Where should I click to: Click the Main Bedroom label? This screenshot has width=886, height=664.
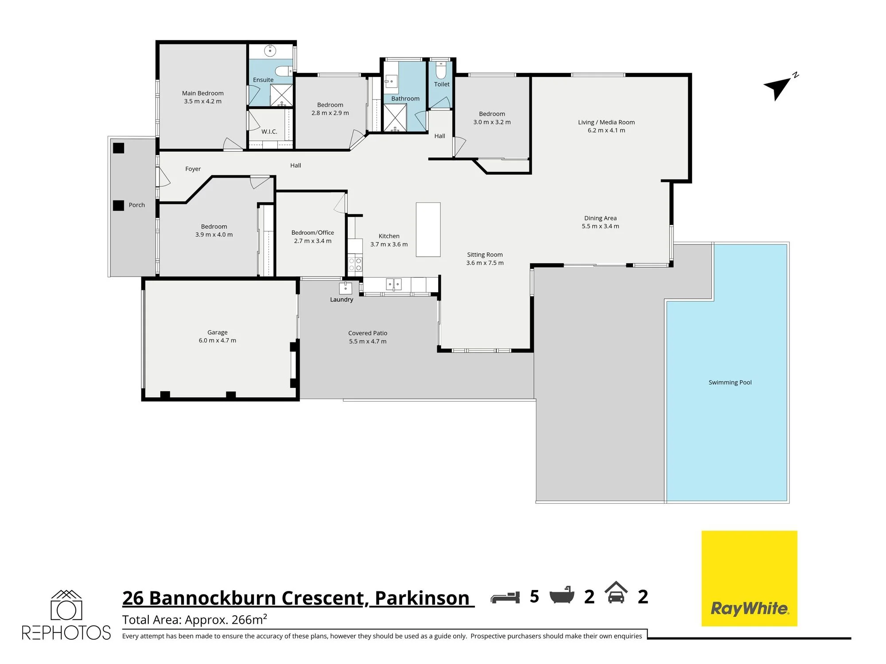[202, 93]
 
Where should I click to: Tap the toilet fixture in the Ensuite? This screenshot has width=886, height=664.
[283, 71]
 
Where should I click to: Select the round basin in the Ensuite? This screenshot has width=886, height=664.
[270, 51]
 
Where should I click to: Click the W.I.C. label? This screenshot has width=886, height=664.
[269, 131]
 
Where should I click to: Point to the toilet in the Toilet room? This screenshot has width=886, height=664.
[441, 70]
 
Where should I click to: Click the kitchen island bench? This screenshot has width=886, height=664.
[428, 229]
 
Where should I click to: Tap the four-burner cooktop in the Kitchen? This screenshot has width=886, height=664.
[355, 265]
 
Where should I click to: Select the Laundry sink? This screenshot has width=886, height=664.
[346, 288]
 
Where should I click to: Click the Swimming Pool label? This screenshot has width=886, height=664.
[730, 382]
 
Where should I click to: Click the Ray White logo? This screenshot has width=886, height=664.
[749, 578]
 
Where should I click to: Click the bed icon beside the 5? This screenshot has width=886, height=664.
[505, 597]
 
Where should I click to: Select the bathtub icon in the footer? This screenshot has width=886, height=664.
[562, 596]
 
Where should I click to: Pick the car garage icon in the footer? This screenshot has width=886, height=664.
[616, 592]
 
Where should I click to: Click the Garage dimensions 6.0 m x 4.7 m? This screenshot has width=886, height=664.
[217, 340]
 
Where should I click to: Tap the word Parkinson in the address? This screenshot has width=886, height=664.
[422, 598]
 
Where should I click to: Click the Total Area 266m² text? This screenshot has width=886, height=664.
[194, 619]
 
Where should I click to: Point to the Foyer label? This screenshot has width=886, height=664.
[193, 169]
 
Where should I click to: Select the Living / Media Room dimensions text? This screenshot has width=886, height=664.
[606, 130]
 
